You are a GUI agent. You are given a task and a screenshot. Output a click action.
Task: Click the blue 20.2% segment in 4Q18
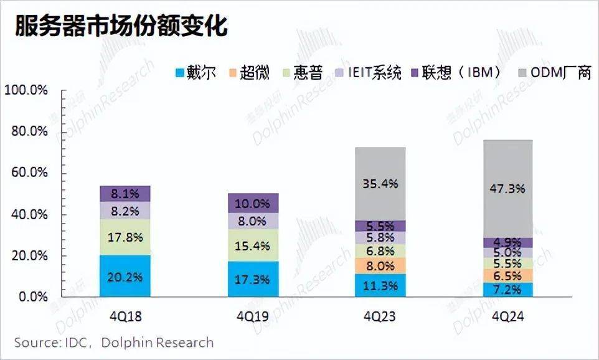coord(125,276)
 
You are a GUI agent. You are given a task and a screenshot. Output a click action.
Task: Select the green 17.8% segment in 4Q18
coord(125,237)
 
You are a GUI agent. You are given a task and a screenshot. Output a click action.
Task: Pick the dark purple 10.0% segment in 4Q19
coord(252,203)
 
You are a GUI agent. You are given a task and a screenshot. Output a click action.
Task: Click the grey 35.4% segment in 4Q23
coord(380,184)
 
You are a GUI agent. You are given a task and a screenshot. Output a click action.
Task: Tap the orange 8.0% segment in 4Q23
coord(380,266)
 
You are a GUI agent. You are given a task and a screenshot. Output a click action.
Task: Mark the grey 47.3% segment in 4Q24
coord(508,188)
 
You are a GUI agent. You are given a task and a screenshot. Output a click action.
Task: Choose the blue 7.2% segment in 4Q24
coord(508,290)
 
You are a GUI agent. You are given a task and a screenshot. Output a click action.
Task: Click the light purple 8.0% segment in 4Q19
coord(252,221)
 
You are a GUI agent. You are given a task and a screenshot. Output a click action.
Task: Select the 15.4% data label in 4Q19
coord(252,245)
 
